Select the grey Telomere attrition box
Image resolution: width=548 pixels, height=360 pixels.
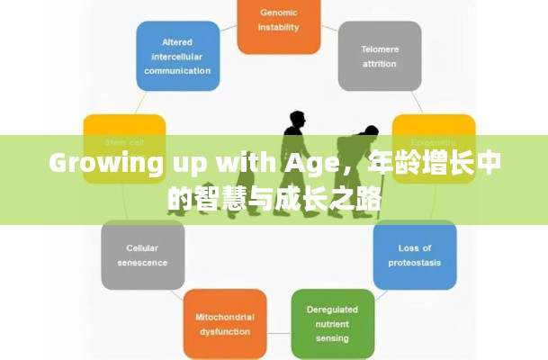coord(380,56)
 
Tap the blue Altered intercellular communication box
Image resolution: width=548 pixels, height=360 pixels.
coord(177,56)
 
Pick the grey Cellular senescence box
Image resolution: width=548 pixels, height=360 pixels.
coord(142,254)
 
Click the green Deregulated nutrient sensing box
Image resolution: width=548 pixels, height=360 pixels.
coord(332,323)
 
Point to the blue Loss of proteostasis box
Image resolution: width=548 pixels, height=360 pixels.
coord(414,254)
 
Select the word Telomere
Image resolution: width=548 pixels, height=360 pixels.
coord(380,49)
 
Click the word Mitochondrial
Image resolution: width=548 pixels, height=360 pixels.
coord(224,317)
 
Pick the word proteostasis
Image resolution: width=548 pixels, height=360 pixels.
coord(415,262)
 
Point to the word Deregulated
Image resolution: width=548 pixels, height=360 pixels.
coord(332,310)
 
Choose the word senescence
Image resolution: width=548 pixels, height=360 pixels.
coord(142,262)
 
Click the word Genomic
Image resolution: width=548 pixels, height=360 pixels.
coord(278,13)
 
